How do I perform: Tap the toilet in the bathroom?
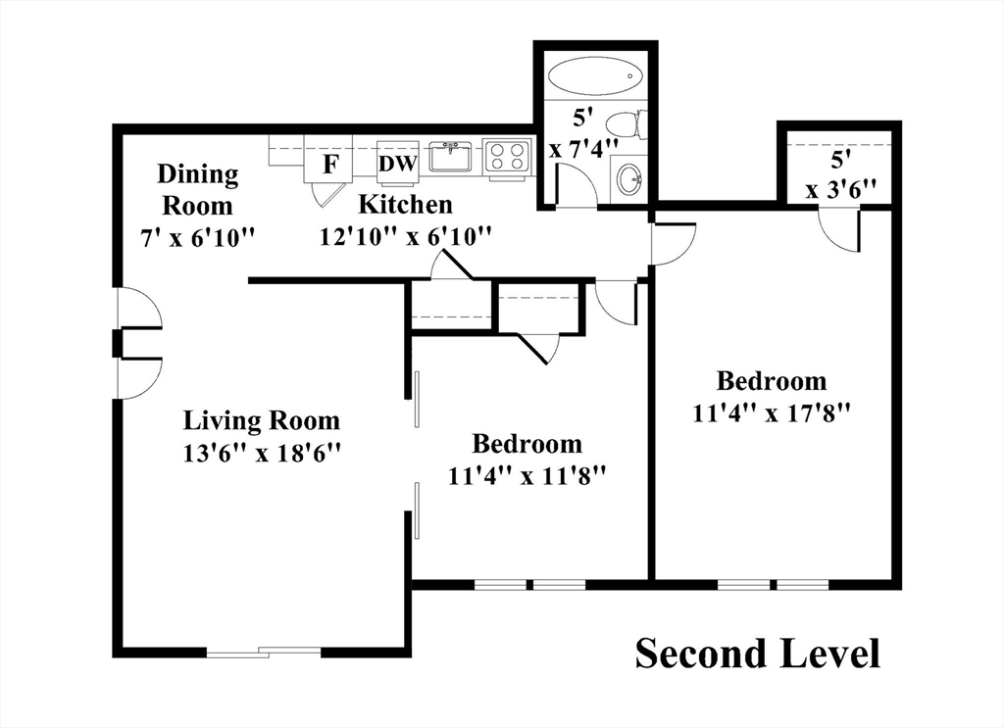click(x=627, y=125)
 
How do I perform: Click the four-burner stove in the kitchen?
click(x=507, y=157)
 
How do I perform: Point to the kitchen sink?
click(x=450, y=157)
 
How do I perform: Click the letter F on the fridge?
click(x=329, y=165)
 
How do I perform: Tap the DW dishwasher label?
click(x=398, y=164)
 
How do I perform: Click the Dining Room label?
click(x=198, y=189)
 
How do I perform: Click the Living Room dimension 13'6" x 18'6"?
click(x=261, y=453)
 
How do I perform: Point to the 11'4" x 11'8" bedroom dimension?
click(x=527, y=476)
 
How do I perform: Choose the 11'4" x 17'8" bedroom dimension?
click(x=771, y=413)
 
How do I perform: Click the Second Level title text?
click(x=758, y=654)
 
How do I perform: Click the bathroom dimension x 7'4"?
click(x=584, y=150)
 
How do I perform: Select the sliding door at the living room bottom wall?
click(x=264, y=652)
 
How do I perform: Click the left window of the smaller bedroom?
click(x=501, y=585)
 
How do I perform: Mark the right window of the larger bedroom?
click(x=803, y=585)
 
